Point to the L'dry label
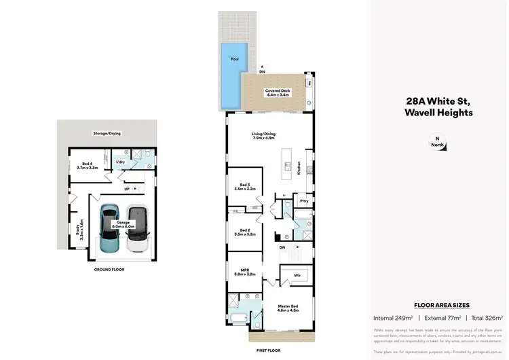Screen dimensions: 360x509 pos(120,162)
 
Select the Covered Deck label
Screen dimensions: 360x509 pos(277,92)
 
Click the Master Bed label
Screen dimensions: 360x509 pos(289,308)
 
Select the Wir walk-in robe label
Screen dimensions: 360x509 pos(297,275)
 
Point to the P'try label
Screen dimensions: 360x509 pos(303,202)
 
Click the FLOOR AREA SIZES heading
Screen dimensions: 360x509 pos(441,306)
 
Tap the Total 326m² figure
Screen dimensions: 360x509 pos(485,318)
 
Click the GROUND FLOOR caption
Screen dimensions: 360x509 pos(109,270)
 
